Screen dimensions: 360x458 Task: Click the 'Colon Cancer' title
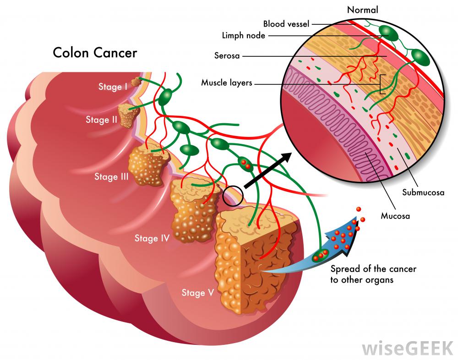(95, 53)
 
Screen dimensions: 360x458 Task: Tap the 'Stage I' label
(113, 86)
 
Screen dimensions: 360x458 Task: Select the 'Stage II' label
(101, 120)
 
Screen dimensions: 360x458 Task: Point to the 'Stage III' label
(111, 176)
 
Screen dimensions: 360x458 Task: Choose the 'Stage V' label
(197, 293)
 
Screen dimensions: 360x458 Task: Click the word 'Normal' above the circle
(363, 9)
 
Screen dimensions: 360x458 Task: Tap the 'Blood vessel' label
(286, 23)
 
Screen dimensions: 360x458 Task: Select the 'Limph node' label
(243, 35)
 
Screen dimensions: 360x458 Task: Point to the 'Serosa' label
(228, 56)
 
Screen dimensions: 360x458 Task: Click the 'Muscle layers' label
(227, 83)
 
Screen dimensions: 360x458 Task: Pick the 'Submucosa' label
(423, 192)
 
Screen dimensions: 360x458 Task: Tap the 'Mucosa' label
(395, 215)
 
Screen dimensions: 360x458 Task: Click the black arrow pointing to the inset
(268, 170)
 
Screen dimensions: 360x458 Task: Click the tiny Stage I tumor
(136, 82)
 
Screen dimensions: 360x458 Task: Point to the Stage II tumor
(127, 115)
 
